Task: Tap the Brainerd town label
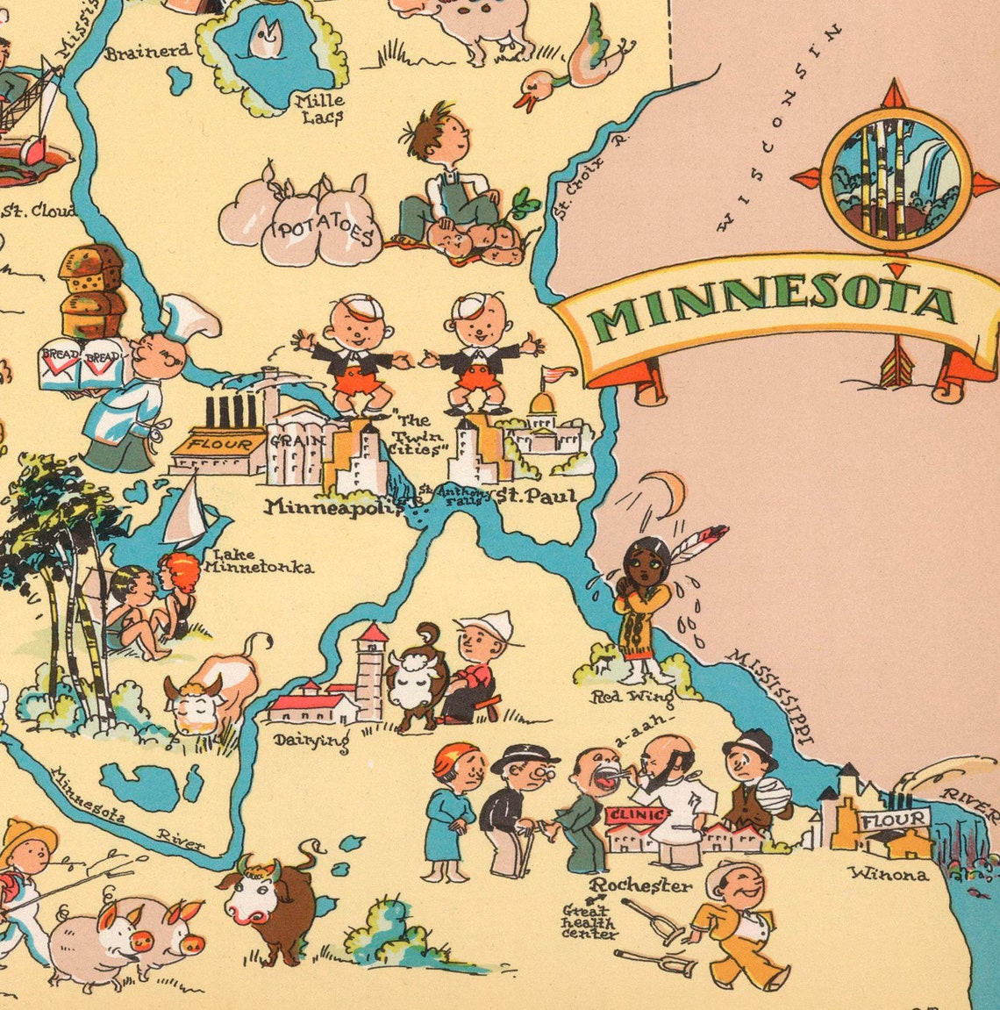tap(146, 53)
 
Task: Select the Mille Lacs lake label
tap(321, 108)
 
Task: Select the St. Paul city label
tap(536, 497)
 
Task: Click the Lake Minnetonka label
tap(258, 562)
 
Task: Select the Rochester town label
tap(640, 885)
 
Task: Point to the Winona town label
tap(888, 874)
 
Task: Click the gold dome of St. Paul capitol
tap(542, 405)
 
